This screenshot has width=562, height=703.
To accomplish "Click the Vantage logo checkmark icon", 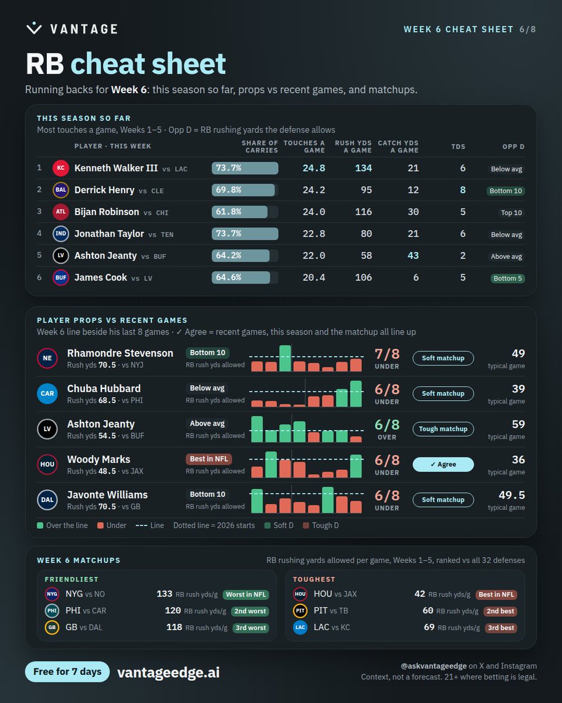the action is click(x=34, y=28).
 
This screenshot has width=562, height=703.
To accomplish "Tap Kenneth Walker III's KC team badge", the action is click(x=61, y=168).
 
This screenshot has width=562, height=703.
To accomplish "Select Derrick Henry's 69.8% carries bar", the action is click(x=244, y=190).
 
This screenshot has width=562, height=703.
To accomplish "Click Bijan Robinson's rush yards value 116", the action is click(x=364, y=211).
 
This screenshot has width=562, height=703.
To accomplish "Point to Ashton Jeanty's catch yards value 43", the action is click(x=413, y=255).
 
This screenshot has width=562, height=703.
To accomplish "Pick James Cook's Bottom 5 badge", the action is click(x=508, y=278).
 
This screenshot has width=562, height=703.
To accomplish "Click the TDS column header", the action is click(x=458, y=146).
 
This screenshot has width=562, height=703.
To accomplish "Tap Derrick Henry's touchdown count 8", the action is click(x=462, y=190).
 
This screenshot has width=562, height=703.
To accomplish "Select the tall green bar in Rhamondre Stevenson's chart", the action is click(x=285, y=358).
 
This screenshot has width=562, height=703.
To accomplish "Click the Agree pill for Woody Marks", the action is click(x=443, y=464).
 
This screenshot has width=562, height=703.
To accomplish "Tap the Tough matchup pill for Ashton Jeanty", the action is click(x=443, y=429).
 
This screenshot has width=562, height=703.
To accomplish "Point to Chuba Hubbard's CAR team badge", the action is click(x=47, y=393).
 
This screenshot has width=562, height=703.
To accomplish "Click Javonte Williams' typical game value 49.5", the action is click(x=512, y=495).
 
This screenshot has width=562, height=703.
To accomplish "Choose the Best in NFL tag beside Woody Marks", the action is click(x=209, y=459).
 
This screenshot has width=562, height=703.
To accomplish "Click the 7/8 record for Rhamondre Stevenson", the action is click(x=387, y=354).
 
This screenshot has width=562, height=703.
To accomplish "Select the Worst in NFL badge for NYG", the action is click(x=246, y=594).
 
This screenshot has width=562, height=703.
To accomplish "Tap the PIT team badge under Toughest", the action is click(x=300, y=610).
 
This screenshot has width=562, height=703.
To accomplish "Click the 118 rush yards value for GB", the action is click(x=174, y=627).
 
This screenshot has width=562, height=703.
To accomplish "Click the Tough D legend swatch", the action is click(x=306, y=525).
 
